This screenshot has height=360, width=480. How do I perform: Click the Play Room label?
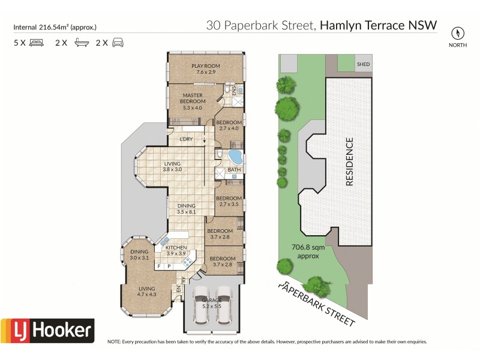205,69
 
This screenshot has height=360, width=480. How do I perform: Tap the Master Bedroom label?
193,98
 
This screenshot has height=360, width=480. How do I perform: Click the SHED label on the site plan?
363,64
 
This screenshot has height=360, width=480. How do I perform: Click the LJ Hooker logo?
47,329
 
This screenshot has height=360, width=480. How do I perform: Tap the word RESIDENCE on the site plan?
349,162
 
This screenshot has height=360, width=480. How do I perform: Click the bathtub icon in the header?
79,43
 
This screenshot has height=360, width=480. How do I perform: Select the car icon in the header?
118,43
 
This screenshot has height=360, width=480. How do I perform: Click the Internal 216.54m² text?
55,27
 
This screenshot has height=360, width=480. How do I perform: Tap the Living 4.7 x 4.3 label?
147,291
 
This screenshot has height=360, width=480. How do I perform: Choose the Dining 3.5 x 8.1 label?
186,209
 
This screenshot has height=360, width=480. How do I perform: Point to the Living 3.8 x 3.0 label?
172,167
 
